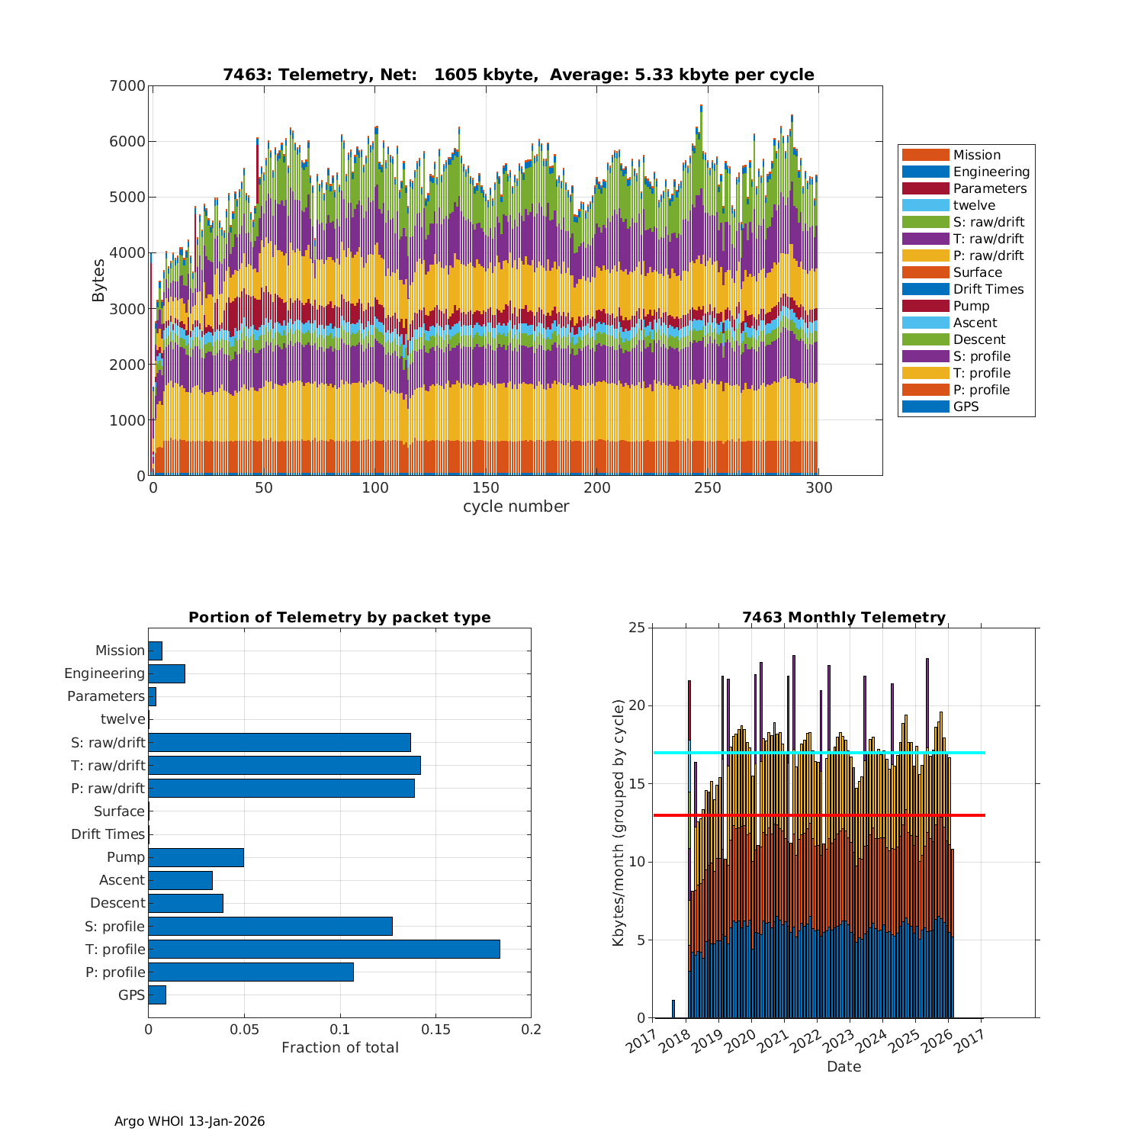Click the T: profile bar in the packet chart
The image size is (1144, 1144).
324,949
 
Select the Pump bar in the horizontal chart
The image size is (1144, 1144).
196,857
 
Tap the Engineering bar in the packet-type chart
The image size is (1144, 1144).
166,673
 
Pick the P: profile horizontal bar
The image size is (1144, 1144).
251,972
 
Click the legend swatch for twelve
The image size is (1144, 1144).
925,205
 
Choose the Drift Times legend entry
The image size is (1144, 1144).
988,289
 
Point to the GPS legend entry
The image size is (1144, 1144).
966,407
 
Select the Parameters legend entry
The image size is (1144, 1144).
989,188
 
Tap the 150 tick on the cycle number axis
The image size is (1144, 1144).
486,488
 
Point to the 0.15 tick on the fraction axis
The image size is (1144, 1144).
435,1030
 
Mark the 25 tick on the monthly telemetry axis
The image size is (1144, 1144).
637,628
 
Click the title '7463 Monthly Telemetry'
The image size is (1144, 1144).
844,617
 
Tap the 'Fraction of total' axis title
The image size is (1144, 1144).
339,1047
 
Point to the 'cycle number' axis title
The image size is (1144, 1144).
516,506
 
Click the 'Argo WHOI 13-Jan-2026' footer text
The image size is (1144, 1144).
189,1121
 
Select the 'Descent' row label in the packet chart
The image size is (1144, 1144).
117,903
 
